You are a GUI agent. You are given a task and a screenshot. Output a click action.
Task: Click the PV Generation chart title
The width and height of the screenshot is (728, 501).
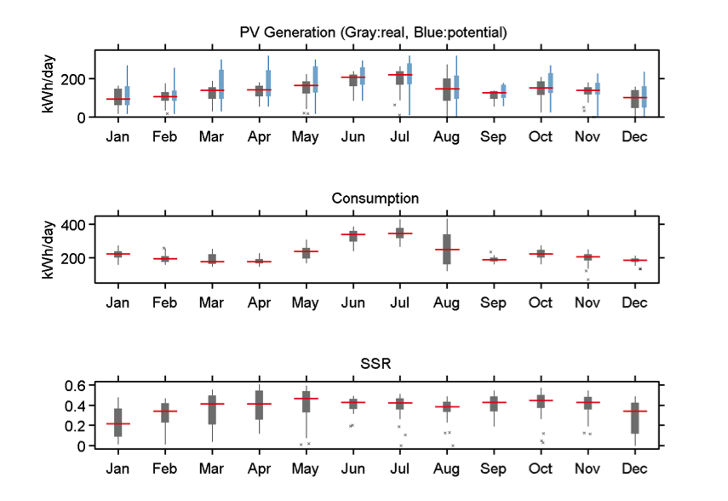pyautogui.click(x=374, y=33)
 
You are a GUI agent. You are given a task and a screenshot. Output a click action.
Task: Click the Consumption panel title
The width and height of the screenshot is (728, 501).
pyautogui.click(x=375, y=199)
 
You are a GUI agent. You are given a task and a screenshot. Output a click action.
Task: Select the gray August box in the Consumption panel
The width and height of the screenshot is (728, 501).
pyautogui.click(x=447, y=249)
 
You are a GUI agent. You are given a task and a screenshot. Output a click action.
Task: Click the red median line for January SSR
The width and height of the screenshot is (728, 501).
pyautogui.click(x=118, y=423)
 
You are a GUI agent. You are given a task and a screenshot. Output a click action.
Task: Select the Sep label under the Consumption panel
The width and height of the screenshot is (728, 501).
pyautogui.click(x=494, y=302)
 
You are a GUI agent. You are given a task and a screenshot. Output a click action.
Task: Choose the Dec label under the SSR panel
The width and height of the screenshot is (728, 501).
pyautogui.click(x=634, y=469)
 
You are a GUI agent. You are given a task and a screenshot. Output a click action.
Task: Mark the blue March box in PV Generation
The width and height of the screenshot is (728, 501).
pyautogui.click(x=221, y=83)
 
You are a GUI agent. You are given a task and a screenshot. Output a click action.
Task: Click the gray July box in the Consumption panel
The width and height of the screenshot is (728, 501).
pyautogui.click(x=399, y=233)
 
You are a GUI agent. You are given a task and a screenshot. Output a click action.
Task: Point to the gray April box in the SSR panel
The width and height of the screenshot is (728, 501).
pyautogui.click(x=259, y=405)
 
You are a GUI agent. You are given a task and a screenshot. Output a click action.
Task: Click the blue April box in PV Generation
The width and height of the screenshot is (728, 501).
pyautogui.click(x=268, y=83)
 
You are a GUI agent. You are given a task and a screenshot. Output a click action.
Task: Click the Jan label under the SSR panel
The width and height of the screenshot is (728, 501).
pyautogui.click(x=118, y=469)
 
